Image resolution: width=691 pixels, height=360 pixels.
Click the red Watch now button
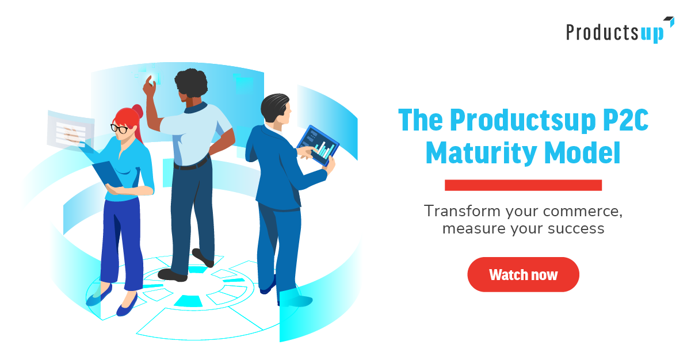[523, 275]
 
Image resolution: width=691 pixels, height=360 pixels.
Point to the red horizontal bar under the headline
[523, 185]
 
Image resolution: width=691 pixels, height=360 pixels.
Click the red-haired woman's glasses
[120, 129]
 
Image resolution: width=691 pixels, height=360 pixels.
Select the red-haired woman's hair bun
[138, 109]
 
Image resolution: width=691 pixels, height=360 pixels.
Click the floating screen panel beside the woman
[70, 130]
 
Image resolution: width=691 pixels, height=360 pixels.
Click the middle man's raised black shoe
[203, 258]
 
